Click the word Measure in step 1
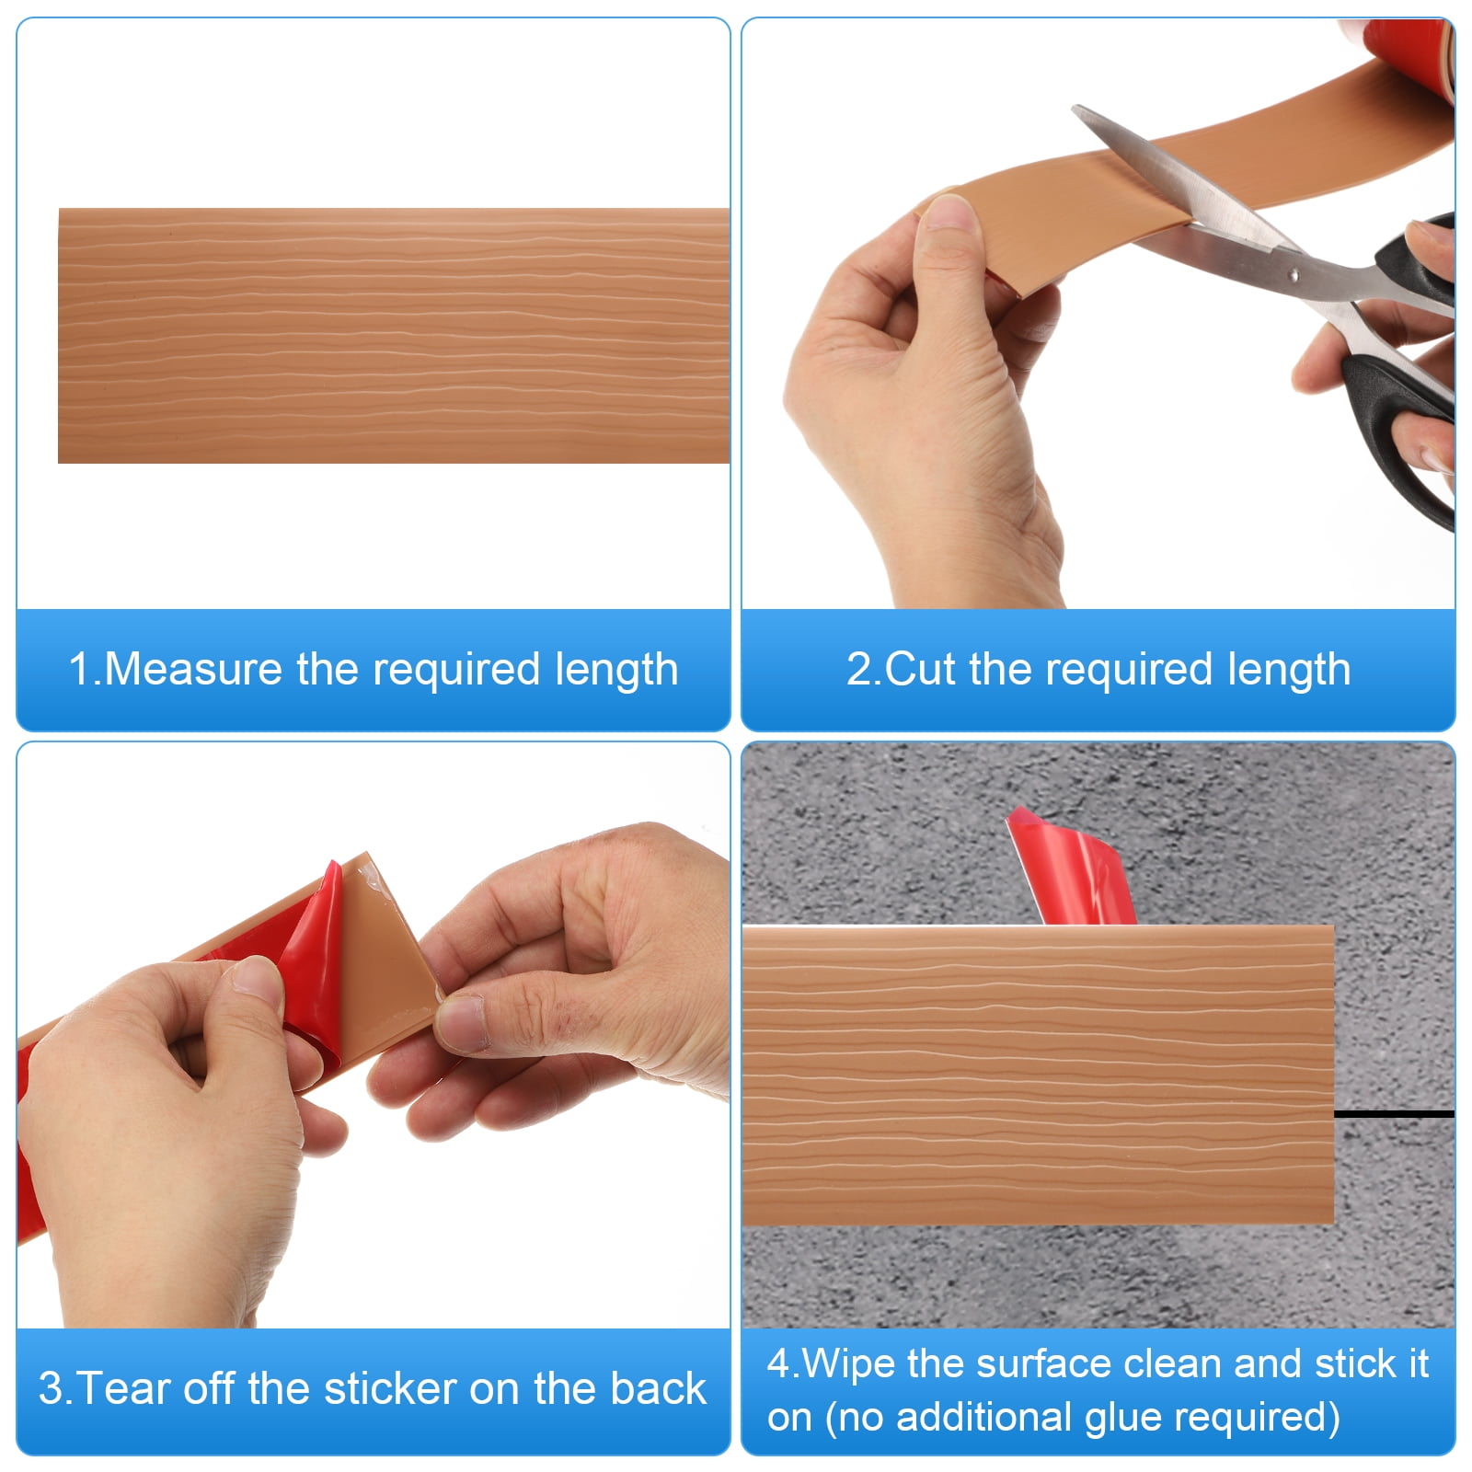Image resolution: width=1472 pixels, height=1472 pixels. pyautogui.click(x=193, y=669)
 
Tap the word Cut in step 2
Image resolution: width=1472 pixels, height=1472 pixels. pyautogui.click(x=918, y=669)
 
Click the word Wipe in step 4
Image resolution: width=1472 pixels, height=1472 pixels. pyautogui.click(x=849, y=1364)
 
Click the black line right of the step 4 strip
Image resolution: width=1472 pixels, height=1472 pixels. pyautogui.click(x=1394, y=1114)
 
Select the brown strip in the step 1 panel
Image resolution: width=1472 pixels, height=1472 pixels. pyautogui.click(x=394, y=336)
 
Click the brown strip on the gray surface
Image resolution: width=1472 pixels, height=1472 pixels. pyautogui.click(x=1038, y=1075)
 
